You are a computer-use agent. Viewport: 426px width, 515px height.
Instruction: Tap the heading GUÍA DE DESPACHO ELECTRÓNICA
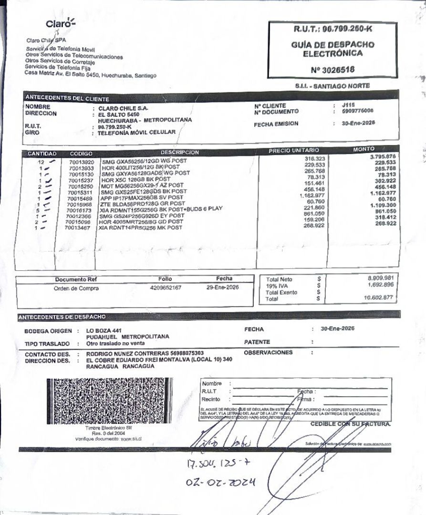coord(332,49)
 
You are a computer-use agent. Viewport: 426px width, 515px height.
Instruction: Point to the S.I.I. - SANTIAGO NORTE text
coord(332,85)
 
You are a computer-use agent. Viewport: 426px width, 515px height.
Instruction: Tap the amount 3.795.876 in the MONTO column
coord(383,157)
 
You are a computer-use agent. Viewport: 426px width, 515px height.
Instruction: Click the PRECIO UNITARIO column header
coord(294,151)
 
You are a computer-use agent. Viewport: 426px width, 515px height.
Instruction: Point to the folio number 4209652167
coord(165,288)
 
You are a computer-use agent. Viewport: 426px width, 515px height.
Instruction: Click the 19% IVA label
coord(275,285)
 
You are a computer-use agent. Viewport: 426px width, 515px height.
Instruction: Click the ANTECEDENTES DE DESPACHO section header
coord(62,317)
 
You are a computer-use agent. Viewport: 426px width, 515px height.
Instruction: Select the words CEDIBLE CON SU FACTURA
coord(350,423)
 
